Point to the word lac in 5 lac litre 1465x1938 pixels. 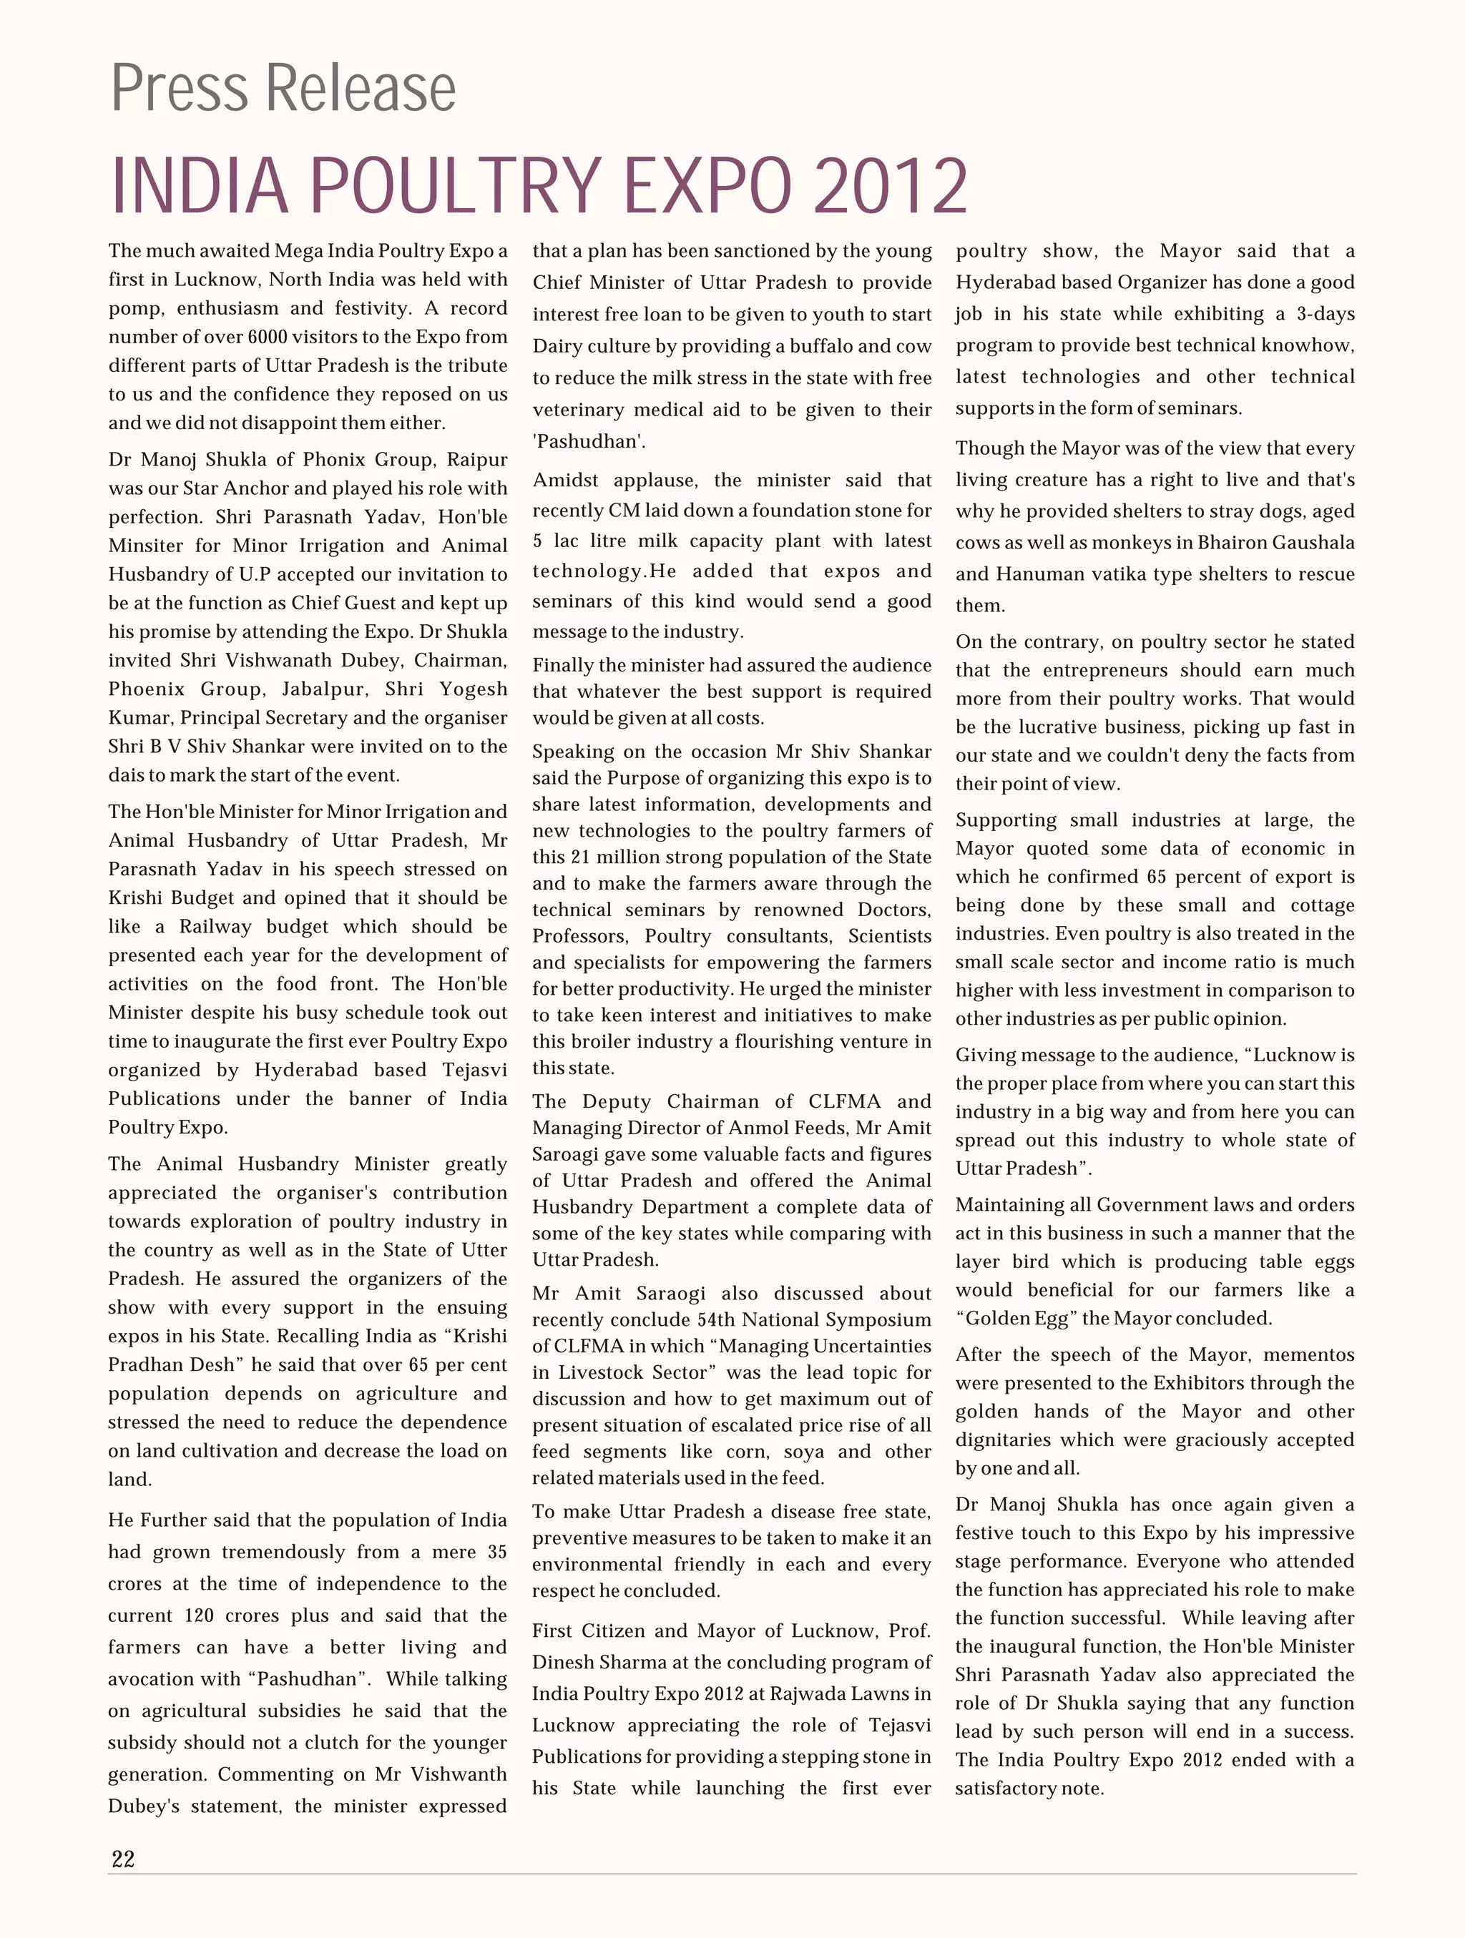[x=566, y=541]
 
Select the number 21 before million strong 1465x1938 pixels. [x=580, y=857]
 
